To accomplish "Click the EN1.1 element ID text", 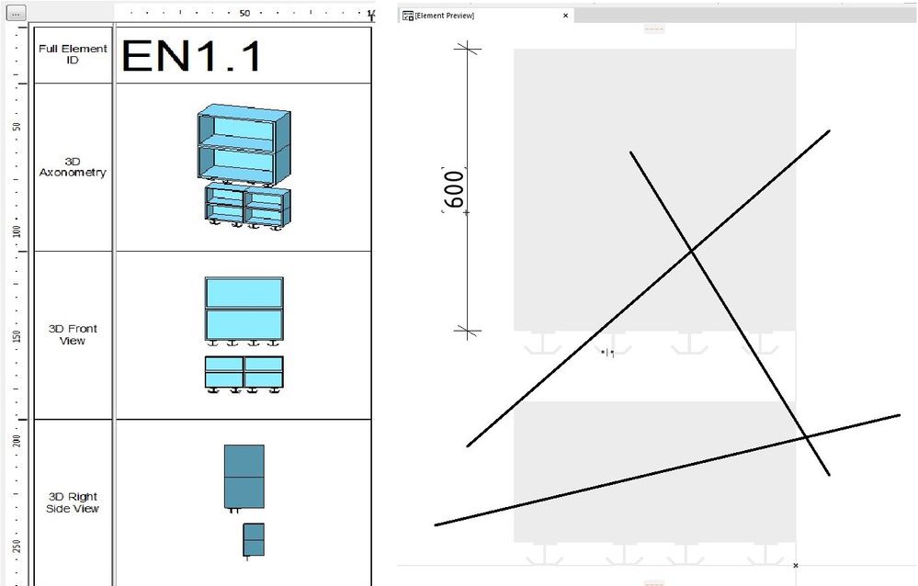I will tap(191, 56).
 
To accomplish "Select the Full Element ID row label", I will tap(73, 54).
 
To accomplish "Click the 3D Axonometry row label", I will tap(73, 167).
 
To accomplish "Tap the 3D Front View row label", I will tap(73, 334).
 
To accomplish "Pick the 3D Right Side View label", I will tap(73, 502).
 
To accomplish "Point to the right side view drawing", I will tap(244, 501).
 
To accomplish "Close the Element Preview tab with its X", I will tap(566, 16).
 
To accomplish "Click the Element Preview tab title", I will tap(444, 16).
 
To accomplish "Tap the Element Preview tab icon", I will tap(408, 16).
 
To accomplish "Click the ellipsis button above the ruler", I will tap(18, 14).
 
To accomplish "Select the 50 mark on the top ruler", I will tap(244, 14).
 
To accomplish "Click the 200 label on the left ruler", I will tap(17, 442).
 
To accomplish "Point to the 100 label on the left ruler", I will tap(17, 231).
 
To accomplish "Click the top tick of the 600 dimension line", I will tap(469, 49).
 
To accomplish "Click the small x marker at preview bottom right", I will tap(795, 565).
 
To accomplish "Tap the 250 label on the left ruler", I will tap(17, 547).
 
